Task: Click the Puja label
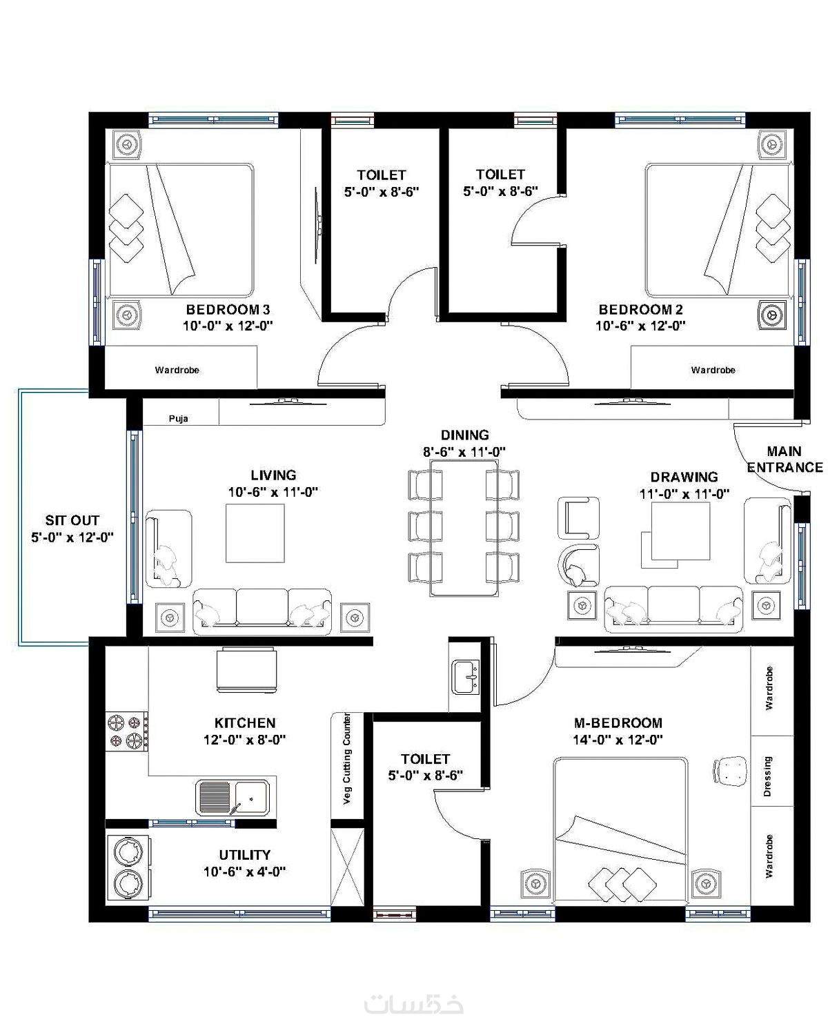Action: click(x=178, y=418)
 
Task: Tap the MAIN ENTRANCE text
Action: click(x=785, y=460)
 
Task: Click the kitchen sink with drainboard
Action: click(x=232, y=798)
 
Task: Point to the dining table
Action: click(x=464, y=528)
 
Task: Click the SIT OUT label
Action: click(x=72, y=520)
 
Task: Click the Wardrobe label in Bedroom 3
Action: click(x=177, y=370)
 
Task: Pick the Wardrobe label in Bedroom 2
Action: click(x=713, y=370)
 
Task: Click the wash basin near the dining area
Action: click(x=465, y=678)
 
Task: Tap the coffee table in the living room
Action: click(x=255, y=533)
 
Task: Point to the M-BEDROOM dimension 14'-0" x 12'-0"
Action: click(x=618, y=739)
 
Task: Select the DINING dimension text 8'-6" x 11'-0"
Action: click(x=464, y=452)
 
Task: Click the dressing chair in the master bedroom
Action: click(x=729, y=771)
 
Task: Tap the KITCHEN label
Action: click(x=245, y=723)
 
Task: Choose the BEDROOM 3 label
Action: click(x=228, y=308)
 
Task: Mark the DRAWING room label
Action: click(x=684, y=477)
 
